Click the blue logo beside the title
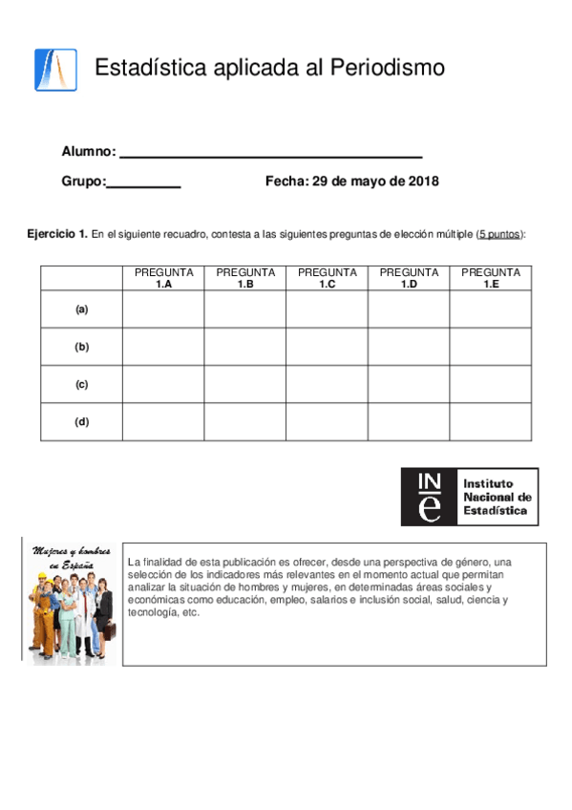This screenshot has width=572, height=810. [55, 69]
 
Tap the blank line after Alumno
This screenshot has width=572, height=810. [271, 153]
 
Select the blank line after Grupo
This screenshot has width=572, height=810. [143, 182]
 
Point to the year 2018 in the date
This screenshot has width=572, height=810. [423, 181]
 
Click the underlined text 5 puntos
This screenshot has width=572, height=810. [499, 234]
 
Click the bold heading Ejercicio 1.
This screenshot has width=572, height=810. [57, 234]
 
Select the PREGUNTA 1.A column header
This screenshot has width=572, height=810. [163, 278]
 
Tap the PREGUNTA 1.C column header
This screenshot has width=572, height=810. [328, 278]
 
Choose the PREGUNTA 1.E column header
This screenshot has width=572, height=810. [491, 278]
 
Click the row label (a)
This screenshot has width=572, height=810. [81, 309]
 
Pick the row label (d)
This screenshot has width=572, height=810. [81, 422]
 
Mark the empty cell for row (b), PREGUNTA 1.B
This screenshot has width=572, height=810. [245, 347]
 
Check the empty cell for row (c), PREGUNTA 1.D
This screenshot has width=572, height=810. [409, 385]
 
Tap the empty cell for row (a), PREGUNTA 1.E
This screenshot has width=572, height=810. [491, 309]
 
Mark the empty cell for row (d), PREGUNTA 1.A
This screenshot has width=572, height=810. [163, 422]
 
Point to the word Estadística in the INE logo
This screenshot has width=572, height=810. [494, 511]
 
